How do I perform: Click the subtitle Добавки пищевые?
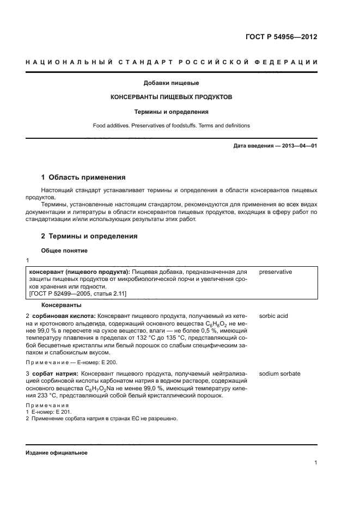click(x=171, y=83)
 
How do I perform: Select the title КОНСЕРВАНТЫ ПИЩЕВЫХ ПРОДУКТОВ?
click(x=171, y=97)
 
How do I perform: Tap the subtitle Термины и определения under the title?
click(x=171, y=112)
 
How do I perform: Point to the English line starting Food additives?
click(x=171, y=125)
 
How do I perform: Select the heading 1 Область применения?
click(x=83, y=177)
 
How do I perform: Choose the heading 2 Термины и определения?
click(x=89, y=237)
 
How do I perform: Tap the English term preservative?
click(x=276, y=272)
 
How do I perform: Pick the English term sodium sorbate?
click(x=280, y=374)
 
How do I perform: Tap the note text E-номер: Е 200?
click(x=90, y=362)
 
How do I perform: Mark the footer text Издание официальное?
click(x=56, y=453)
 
